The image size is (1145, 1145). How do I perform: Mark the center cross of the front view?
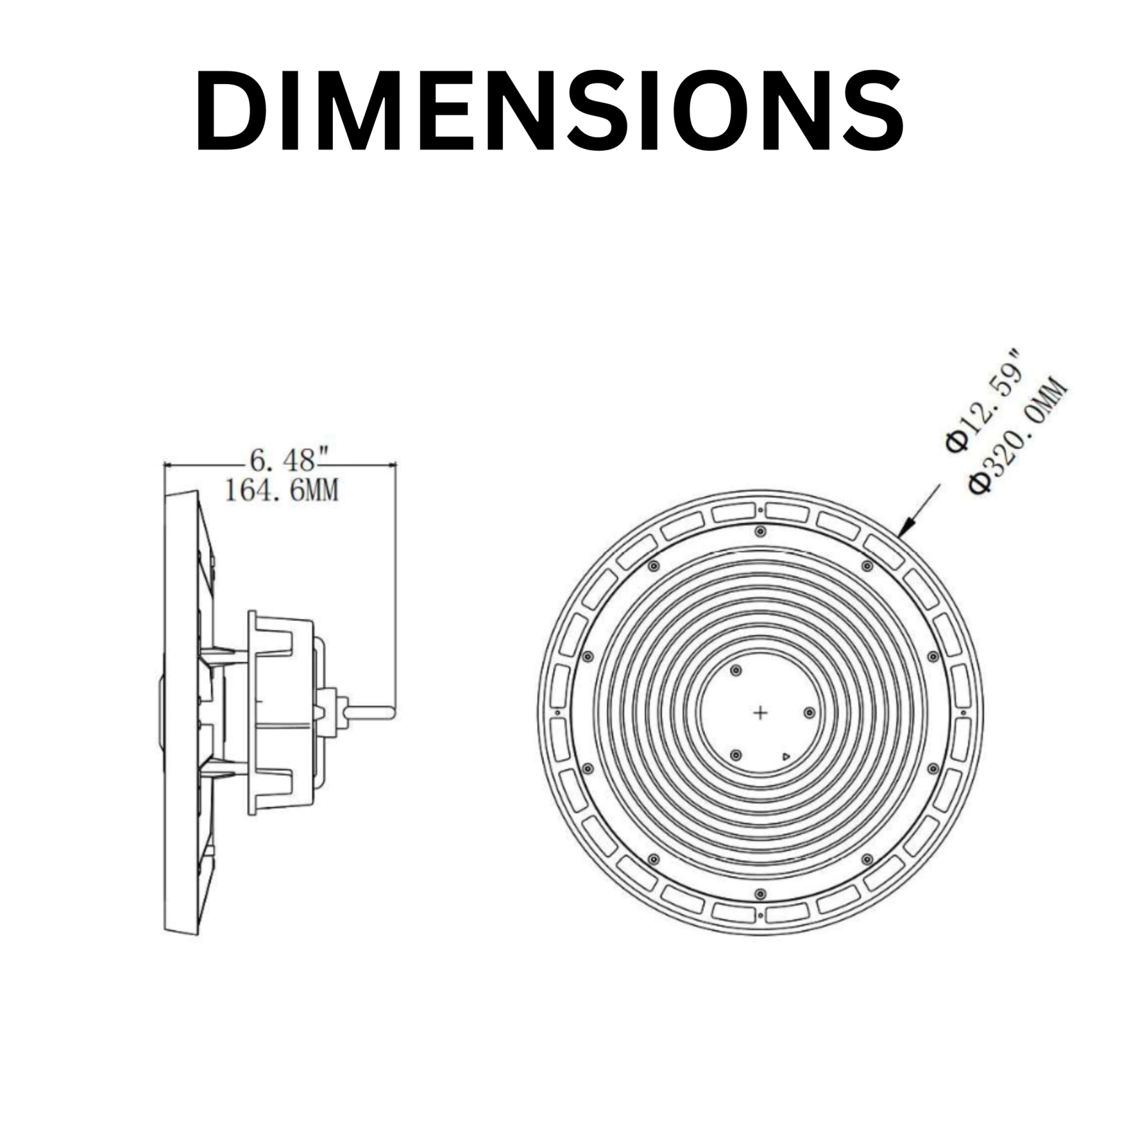(x=760, y=712)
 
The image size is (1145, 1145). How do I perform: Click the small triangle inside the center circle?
(x=785, y=757)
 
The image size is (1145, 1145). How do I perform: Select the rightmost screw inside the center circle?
(x=809, y=713)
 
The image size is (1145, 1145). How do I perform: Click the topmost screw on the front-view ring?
(x=760, y=531)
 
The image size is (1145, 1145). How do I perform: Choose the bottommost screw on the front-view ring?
(x=760, y=893)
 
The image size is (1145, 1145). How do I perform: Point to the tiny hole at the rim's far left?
(x=556, y=713)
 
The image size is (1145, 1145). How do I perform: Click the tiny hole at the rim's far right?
(x=963, y=713)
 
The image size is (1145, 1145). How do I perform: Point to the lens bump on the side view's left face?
(x=161, y=712)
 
